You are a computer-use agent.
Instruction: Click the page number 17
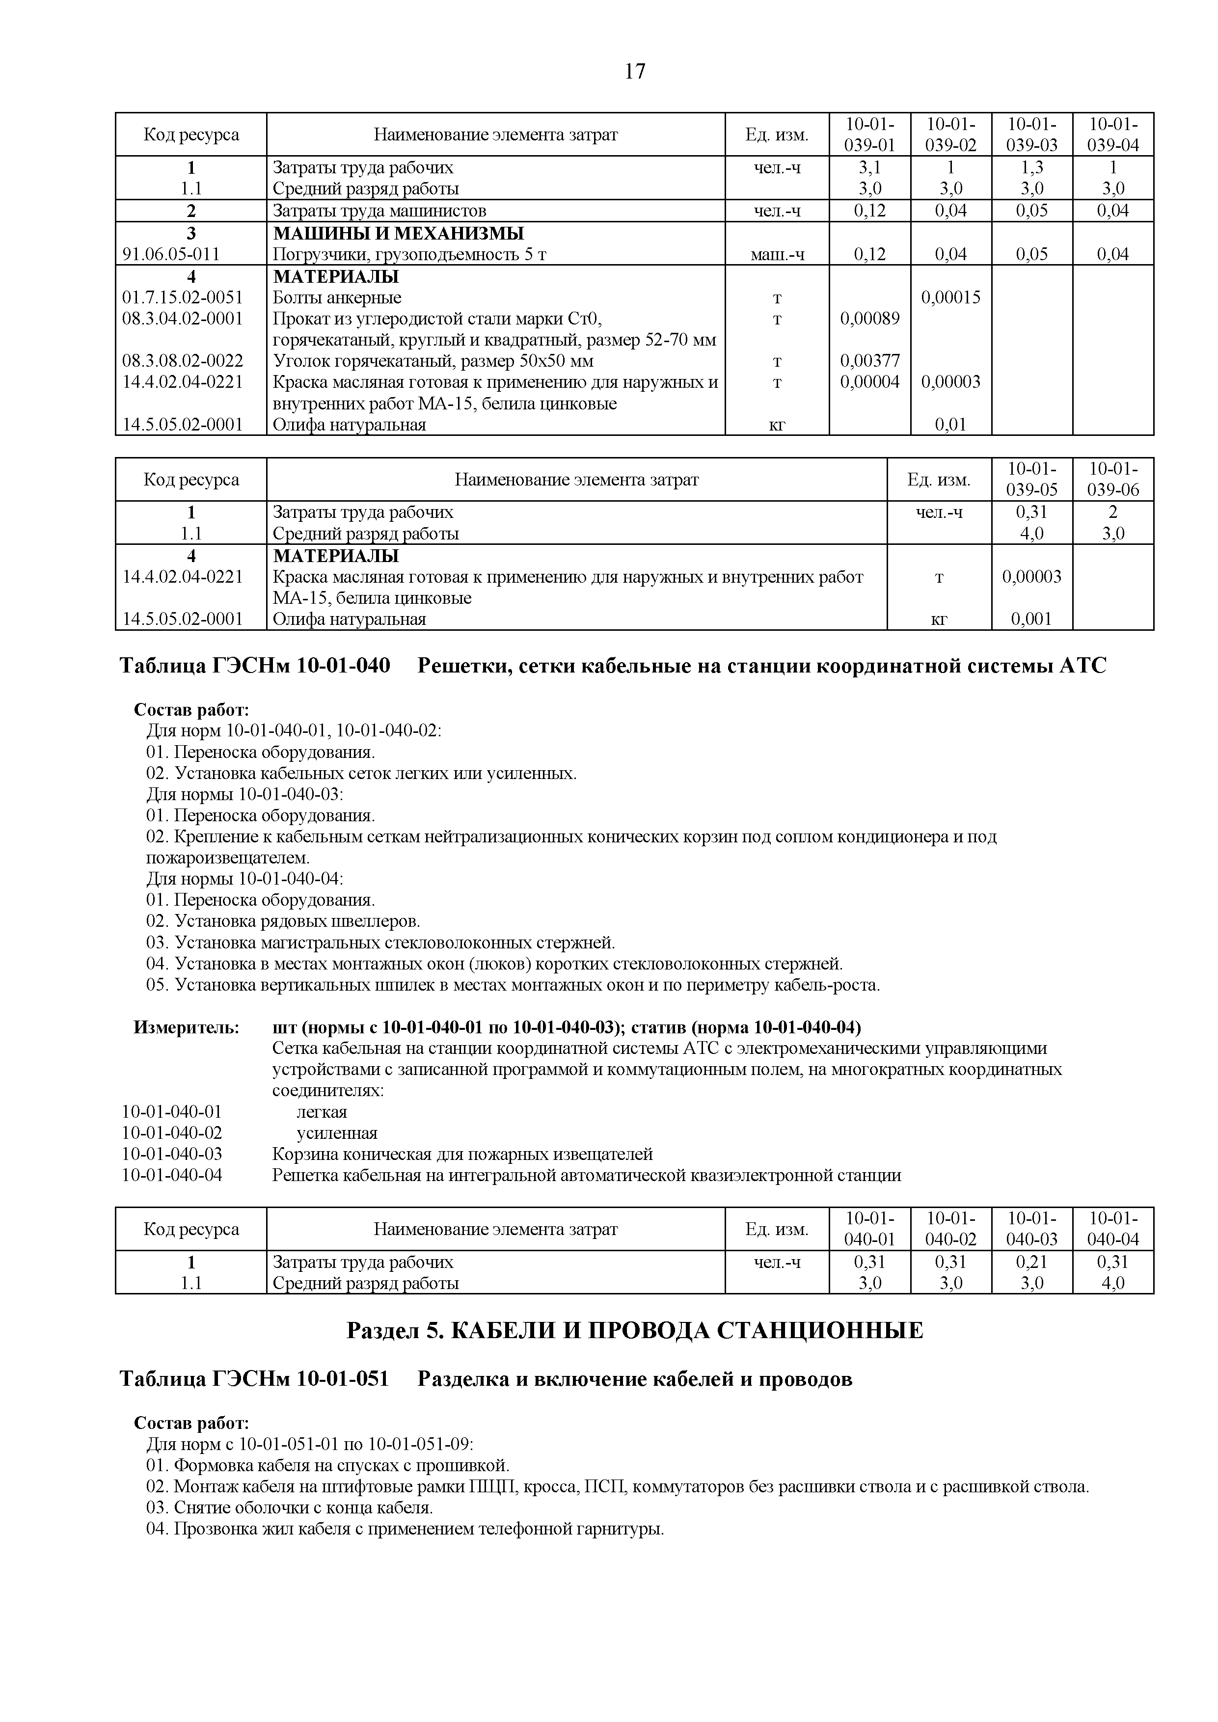[634, 72]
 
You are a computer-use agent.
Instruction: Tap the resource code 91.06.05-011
[171, 254]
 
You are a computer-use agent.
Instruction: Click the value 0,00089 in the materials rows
[869, 319]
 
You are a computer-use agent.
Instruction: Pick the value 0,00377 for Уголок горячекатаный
[869, 361]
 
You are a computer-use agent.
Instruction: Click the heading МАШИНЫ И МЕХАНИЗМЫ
[398, 233]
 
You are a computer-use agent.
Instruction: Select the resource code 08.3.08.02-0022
[182, 361]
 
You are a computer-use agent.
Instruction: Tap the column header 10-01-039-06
[1112, 479]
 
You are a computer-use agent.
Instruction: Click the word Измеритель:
[186, 1027]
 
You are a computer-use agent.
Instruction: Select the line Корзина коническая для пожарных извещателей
[462, 1154]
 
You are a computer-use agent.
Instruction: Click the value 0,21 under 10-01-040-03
[1031, 1262]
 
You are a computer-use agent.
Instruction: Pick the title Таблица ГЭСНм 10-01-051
[255, 1379]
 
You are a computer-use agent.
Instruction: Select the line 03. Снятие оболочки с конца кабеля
[290, 1507]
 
